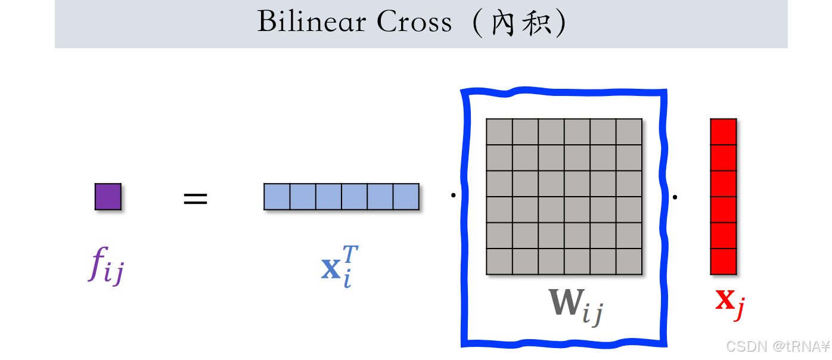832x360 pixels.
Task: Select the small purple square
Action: tap(108, 197)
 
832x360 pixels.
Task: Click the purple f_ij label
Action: tap(107, 266)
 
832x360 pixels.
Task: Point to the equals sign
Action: tap(195, 198)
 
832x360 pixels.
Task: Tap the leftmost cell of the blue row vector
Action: tap(277, 197)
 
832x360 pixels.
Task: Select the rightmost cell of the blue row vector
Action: tap(406, 197)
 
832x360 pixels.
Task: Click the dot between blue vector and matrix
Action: tap(453, 194)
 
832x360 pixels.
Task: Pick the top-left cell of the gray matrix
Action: tap(499, 132)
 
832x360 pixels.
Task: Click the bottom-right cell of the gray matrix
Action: tap(629, 261)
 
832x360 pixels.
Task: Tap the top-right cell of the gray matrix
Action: tap(629, 132)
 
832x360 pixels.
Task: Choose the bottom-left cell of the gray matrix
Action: tap(499, 261)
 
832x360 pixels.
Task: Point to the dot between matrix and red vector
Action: tap(675, 196)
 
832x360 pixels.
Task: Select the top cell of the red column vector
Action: tap(724, 132)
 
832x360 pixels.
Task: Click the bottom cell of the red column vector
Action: tap(724, 261)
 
